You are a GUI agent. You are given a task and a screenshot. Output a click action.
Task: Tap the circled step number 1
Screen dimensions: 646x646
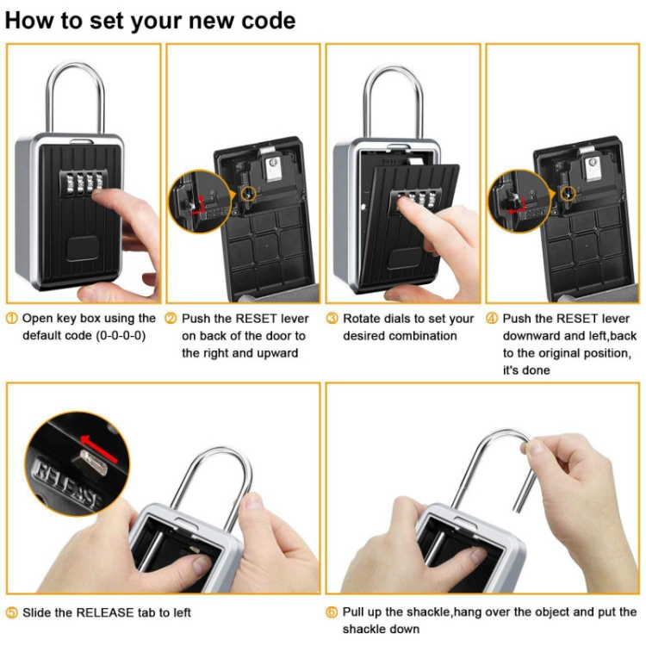tap(11, 319)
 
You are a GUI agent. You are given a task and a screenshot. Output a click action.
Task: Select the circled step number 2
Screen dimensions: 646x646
tap(171, 319)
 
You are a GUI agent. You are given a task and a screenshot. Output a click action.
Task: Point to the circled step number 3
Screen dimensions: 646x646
tap(332, 319)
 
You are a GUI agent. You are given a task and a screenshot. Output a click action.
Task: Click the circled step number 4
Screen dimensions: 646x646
tap(492, 319)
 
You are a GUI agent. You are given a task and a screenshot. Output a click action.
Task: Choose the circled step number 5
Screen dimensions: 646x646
tap(11, 612)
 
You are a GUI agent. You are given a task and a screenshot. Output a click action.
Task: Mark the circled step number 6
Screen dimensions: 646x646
tap(332, 612)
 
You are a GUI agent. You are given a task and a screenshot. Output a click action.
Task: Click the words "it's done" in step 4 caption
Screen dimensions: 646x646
tap(526, 370)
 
